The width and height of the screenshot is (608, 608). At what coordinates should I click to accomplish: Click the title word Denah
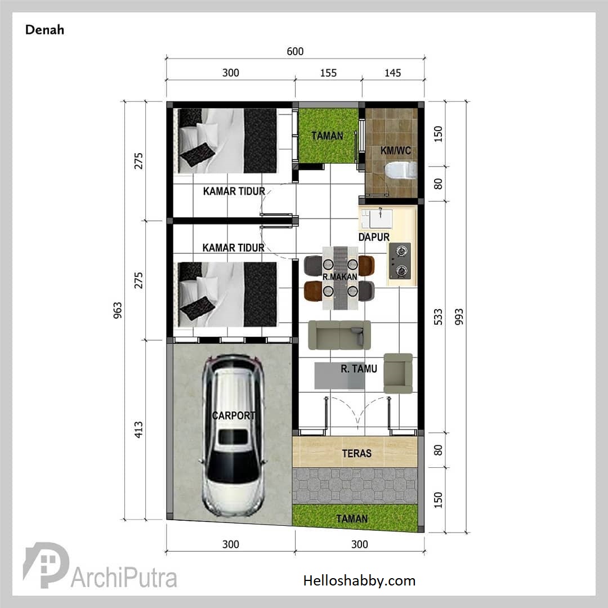44,30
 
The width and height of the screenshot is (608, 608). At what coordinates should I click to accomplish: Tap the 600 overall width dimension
295,51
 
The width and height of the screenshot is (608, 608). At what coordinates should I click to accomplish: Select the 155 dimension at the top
328,73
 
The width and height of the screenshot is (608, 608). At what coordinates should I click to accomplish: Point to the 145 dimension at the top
393,73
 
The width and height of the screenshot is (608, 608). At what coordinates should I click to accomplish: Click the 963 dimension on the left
118,310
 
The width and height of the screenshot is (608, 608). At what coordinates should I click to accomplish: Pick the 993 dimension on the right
459,317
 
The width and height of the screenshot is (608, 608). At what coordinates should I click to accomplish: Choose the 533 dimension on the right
438,317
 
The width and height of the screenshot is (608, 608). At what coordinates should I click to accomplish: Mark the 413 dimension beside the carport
138,430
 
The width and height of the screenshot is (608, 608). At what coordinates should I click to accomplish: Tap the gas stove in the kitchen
400,261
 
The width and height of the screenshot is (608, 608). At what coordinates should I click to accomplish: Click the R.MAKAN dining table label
339,277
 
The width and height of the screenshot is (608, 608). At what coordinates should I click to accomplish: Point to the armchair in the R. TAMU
398,373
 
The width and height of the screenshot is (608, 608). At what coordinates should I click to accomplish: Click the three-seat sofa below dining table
339,335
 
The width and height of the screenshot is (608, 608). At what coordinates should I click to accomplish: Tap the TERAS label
357,453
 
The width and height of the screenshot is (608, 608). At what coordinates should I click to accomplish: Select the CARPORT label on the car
234,415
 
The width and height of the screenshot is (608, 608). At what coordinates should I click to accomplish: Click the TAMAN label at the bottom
352,519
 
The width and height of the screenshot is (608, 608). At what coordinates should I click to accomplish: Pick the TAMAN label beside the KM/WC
327,136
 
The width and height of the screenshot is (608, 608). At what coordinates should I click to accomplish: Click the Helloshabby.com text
359,580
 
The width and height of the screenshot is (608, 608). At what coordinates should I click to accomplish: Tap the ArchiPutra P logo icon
46,565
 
